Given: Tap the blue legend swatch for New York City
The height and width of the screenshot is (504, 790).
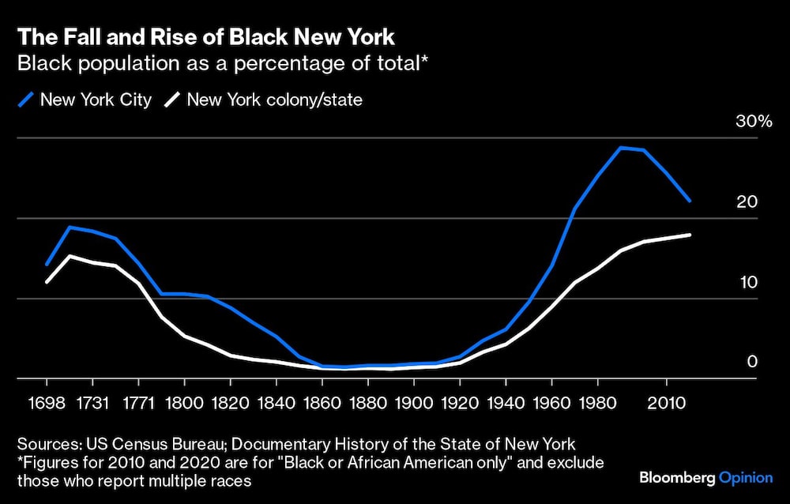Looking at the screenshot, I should pos(27,100).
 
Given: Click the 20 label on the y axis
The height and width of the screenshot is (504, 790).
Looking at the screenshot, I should pos(747,201).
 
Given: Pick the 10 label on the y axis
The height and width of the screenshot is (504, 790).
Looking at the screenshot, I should pos(747,282).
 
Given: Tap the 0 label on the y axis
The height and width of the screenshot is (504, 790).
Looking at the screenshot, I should pos(752,362).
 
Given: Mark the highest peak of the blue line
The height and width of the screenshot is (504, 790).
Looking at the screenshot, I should pos(622,148).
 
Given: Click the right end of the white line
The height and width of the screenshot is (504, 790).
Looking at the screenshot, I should pos(690,235).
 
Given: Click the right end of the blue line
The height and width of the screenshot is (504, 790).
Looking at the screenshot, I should pos(690,201).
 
